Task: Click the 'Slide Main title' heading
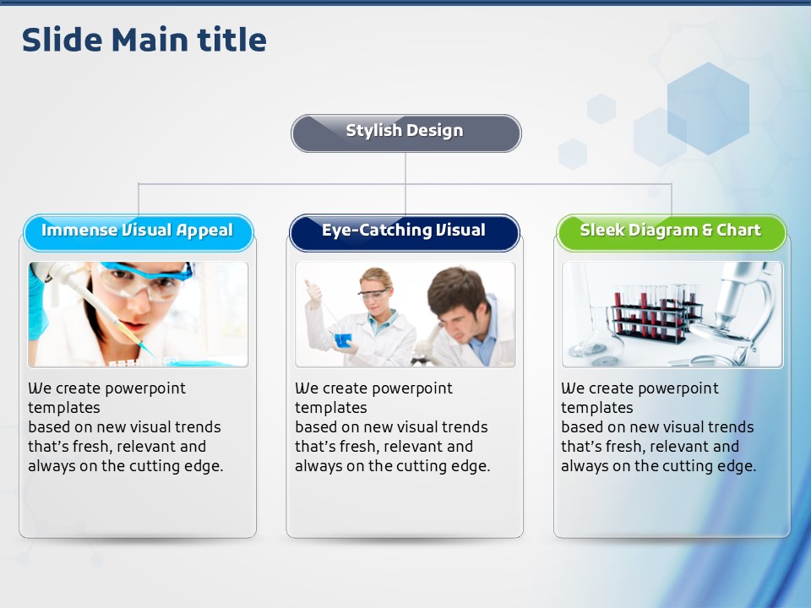[144, 40]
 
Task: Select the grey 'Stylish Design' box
[406, 133]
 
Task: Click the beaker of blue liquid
[343, 339]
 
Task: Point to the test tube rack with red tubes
[656, 315]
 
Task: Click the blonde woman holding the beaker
[362, 318]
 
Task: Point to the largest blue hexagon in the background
[708, 109]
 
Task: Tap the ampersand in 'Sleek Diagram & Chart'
[707, 230]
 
